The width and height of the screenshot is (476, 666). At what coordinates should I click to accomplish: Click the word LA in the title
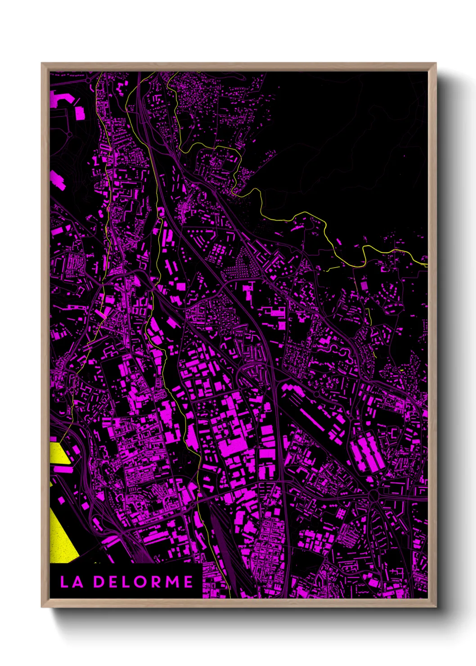(x=72, y=581)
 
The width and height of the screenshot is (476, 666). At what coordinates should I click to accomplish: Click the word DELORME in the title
(x=144, y=581)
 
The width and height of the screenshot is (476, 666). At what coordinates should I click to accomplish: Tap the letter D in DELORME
(x=99, y=581)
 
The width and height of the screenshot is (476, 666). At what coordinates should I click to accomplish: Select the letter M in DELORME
(x=172, y=581)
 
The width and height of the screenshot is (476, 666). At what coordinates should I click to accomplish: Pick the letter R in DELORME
(x=157, y=581)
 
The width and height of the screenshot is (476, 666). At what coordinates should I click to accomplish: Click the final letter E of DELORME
(x=188, y=581)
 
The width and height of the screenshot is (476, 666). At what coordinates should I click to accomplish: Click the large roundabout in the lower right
(x=374, y=496)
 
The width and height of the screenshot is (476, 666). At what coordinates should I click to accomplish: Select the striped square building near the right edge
(x=364, y=285)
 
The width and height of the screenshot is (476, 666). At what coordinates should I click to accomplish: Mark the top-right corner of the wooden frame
(x=436, y=63)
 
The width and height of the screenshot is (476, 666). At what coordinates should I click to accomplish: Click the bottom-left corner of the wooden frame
(x=42, y=607)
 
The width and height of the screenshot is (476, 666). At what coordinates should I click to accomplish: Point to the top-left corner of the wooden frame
(x=42, y=63)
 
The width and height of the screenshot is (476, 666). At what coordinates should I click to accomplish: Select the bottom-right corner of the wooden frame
(x=436, y=607)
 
